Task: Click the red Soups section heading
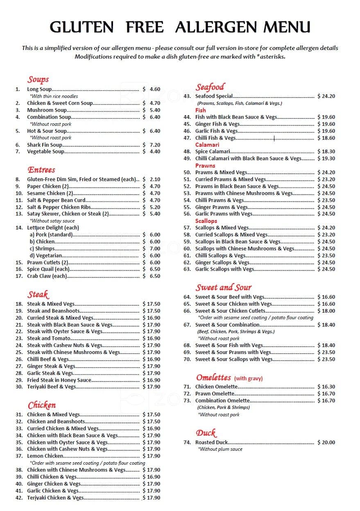tap(38, 79)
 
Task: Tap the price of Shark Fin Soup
tap(152, 145)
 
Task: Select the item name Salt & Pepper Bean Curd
tap(56, 200)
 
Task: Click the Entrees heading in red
tap(41, 170)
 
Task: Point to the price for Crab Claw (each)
tap(152, 276)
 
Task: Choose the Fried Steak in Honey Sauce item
tap(59, 380)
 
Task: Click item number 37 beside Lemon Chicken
tap(19, 456)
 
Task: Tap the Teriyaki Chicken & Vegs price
tap(152, 497)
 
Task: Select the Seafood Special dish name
tap(214, 96)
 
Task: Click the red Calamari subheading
tap(207, 145)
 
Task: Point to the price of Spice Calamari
tap(326, 152)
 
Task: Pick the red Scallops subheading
tap(206, 221)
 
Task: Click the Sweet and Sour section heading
tap(223, 287)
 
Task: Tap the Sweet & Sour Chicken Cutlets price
tap(326, 311)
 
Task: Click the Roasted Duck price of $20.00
tap(326, 442)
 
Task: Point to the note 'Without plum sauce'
tap(220, 449)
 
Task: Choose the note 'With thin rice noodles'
tap(54, 96)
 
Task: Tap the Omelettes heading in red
tap(213, 377)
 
